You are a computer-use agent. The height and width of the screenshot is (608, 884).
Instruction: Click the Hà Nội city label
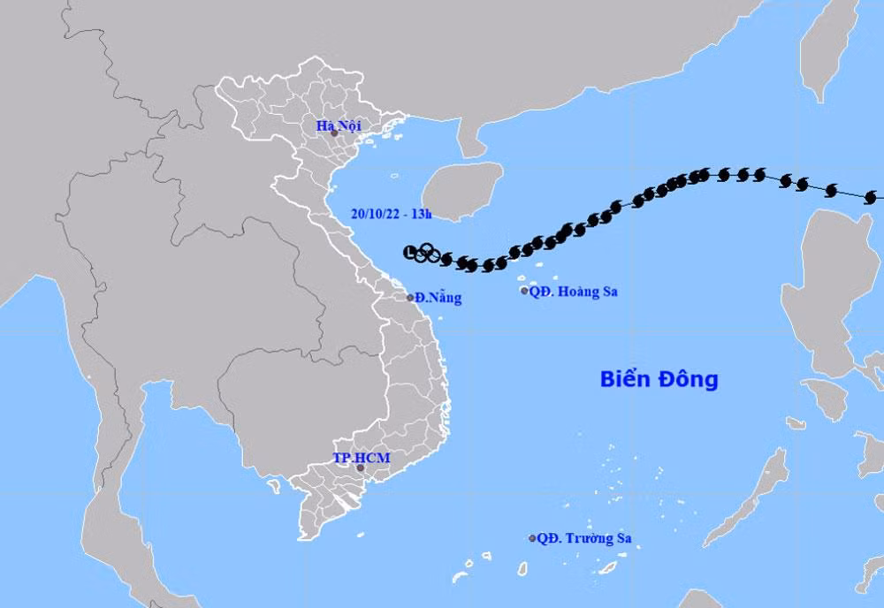[x=339, y=125]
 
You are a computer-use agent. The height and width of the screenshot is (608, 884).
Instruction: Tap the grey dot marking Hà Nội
[x=334, y=133]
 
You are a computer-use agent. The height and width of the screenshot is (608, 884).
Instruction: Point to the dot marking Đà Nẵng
[x=410, y=297]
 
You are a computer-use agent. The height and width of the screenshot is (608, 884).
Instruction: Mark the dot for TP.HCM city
[x=361, y=468]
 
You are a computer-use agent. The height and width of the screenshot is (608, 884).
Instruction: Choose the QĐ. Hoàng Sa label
[x=573, y=291]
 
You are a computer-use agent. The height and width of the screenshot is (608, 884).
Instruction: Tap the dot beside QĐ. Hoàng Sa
[x=524, y=291]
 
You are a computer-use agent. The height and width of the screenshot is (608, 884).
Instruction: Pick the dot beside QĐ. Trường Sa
[x=532, y=538]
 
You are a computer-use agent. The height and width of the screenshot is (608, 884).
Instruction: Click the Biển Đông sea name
[x=659, y=380]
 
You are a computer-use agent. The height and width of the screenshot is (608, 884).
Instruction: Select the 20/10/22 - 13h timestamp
[x=391, y=213]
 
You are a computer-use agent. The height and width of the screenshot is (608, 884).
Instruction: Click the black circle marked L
[x=408, y=253]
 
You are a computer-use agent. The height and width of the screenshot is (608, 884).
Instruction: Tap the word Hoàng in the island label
[x=576, y=291]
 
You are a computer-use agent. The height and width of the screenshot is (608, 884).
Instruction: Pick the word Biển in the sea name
[x=623, y=380]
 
